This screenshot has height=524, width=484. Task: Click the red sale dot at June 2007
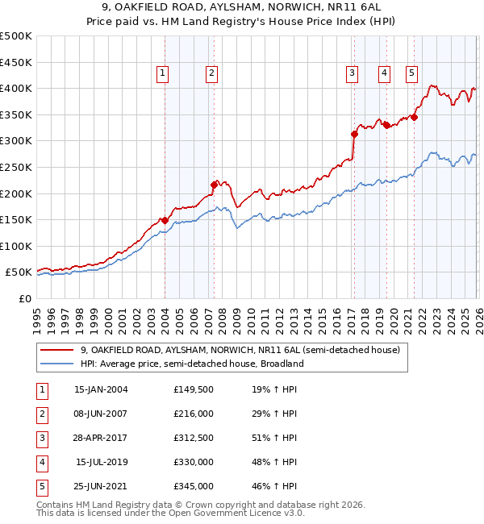coord(214,185)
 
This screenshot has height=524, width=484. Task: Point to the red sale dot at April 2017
coord(354,134)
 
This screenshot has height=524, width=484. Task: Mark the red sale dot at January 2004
coord(165,220)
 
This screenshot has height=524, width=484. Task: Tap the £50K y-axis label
coord(19,272)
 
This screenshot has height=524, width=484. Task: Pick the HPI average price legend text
coord(192,364)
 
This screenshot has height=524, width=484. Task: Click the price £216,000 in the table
coord(194,414)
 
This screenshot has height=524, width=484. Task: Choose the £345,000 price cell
coord(194,486)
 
